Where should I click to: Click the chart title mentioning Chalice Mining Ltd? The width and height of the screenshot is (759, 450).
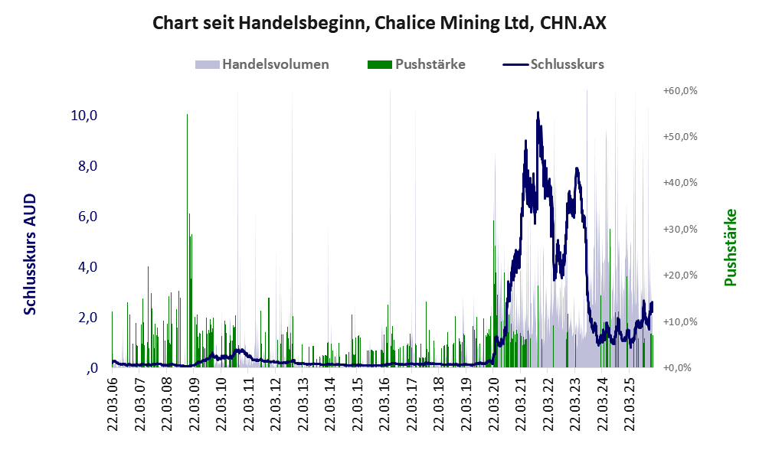coord(379,23)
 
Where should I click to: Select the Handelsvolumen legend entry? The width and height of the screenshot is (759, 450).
coord(275,64)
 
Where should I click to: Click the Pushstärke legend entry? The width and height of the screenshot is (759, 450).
coord(430,64)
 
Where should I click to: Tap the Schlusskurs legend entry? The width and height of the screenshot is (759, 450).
coord(567,64)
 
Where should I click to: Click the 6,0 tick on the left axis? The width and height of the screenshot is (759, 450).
coord(87,217)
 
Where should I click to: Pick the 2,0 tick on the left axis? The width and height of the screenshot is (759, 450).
coord(87,318)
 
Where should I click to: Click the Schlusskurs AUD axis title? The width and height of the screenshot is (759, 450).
coord(30,254)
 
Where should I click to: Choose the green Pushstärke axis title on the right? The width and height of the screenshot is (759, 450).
coord(729,247)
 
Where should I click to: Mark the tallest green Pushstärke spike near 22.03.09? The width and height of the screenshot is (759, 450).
coord(187,116)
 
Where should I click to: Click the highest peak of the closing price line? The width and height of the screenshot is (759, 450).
coord(538,113)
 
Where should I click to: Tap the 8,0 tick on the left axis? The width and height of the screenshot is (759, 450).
coord(87,166)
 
